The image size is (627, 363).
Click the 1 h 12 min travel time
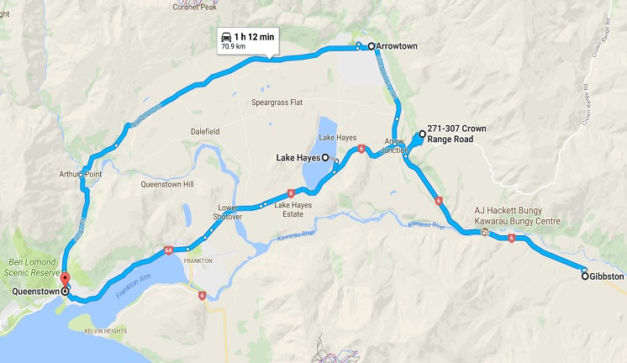click(256, 37)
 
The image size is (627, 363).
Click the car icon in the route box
click(226, 37)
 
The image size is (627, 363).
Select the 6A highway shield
click(169, 250)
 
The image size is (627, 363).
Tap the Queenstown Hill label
click(167, 183)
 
